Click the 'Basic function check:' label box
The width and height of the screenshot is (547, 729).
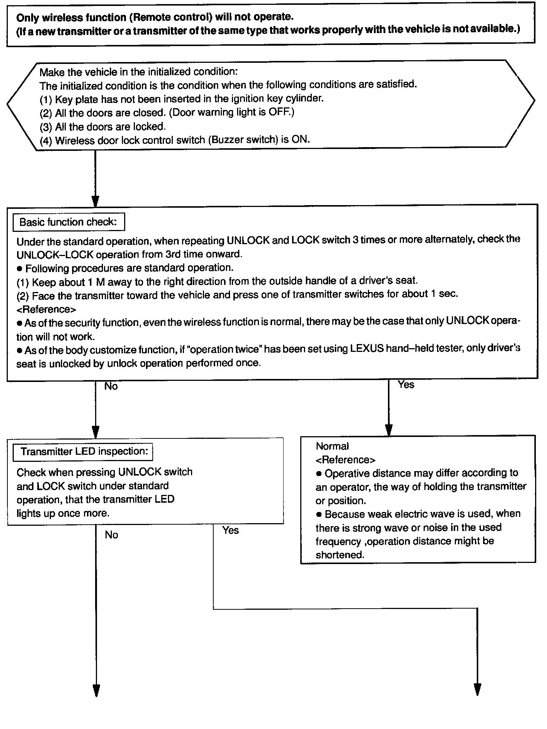coord(68,222)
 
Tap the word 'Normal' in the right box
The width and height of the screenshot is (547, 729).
coord(332,446)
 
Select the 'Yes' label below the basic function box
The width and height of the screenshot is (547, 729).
coord(406,385)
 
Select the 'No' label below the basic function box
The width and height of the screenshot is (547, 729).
coord(111,386)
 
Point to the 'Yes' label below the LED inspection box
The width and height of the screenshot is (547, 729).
coord(230,530)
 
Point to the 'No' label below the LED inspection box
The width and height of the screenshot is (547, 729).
coord(111,535)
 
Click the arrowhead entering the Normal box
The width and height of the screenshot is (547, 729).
coord(389,430)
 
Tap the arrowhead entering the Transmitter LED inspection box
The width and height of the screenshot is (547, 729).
coord(96,432)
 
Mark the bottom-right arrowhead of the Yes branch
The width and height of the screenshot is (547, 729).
coord(478,689)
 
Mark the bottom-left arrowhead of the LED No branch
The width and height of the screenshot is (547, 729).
coord(96,690)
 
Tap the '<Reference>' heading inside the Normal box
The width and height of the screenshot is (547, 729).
coord(345,460)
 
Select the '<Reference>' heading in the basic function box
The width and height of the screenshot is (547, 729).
coord(46,309)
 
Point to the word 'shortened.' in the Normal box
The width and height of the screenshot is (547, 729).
coord(340,555)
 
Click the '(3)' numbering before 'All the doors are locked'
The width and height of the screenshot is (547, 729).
coord(46,127)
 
